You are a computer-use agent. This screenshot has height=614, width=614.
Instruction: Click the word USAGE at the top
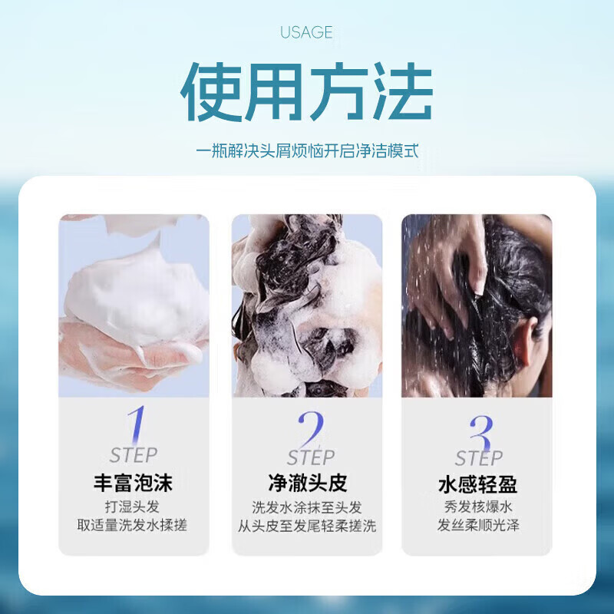(306, 32)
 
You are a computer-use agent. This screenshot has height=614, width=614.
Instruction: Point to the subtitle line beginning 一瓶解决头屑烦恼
(306, 150)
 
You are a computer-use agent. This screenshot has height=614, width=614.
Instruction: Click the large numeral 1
(137, 424)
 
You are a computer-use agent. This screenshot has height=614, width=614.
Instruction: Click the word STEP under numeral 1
(134, 455)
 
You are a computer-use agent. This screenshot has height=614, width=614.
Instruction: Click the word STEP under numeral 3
(478, 459)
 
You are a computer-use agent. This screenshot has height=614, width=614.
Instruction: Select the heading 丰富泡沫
(134, 484)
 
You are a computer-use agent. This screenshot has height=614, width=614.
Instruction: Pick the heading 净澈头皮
(307, 484)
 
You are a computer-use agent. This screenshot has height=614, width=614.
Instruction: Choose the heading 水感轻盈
(477, 485)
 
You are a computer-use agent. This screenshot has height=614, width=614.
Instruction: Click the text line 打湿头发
(134, 507)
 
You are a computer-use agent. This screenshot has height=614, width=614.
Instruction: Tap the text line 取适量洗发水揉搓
(134, 526)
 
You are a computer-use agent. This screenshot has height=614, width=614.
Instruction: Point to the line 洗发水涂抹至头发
(307, 507)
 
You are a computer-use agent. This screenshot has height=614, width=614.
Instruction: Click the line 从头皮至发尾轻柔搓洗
(307, 527)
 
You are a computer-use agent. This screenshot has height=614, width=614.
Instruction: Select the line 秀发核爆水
(477, 507)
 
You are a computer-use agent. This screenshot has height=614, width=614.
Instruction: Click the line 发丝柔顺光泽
(477, 527)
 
